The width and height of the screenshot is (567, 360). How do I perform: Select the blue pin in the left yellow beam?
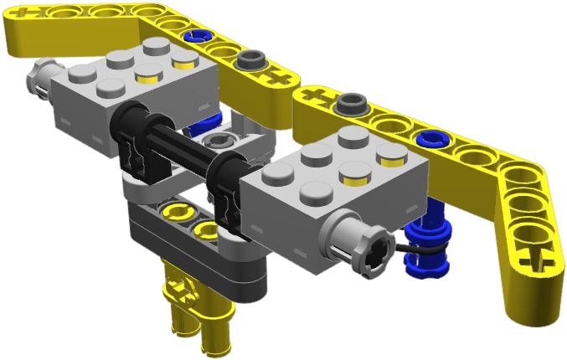(x=198, y=38)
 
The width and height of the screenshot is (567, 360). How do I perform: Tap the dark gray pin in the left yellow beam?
(x=250, y=61)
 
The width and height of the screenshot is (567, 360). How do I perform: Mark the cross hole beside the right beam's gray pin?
(x=319, y=93)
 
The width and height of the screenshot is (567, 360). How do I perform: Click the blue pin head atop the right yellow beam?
(x=432, y=137)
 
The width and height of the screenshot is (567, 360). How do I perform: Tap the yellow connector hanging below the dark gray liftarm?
(x=188, y=310)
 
